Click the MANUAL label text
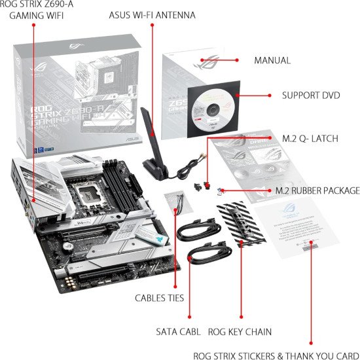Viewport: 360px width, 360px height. [272, 60]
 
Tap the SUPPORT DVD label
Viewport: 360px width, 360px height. [310, 95]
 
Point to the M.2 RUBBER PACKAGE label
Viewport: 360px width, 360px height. [317, 190]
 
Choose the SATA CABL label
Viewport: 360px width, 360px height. [179, 332]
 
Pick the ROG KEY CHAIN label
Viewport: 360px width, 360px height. [240, 332]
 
